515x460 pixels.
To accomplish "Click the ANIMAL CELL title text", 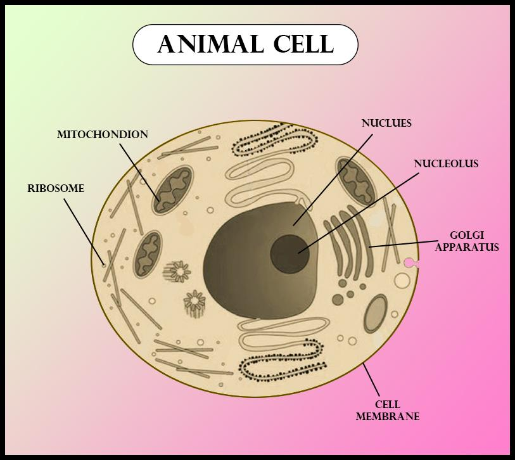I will coord(245,44).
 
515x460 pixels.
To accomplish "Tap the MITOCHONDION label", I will coord(102,135).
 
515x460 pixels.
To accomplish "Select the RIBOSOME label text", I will coord(56,189).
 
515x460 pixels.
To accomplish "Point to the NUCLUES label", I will coord(386,124).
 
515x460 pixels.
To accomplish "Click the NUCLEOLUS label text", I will coord(446,164).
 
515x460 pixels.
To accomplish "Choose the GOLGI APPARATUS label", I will coord(467,241).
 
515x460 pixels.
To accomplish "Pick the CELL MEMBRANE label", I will coord(388,411).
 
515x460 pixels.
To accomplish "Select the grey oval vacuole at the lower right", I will coord(375,313).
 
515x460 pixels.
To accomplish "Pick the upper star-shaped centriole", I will coord(178,272).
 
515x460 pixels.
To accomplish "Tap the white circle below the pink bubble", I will coord(402,281).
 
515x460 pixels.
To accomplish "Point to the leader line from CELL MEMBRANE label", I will coord(371,380).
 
